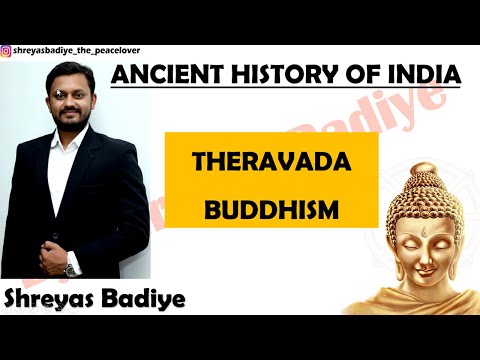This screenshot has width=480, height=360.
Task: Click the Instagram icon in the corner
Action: tap(7, 50)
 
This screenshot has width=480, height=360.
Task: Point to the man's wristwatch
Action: tap(72, 268)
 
